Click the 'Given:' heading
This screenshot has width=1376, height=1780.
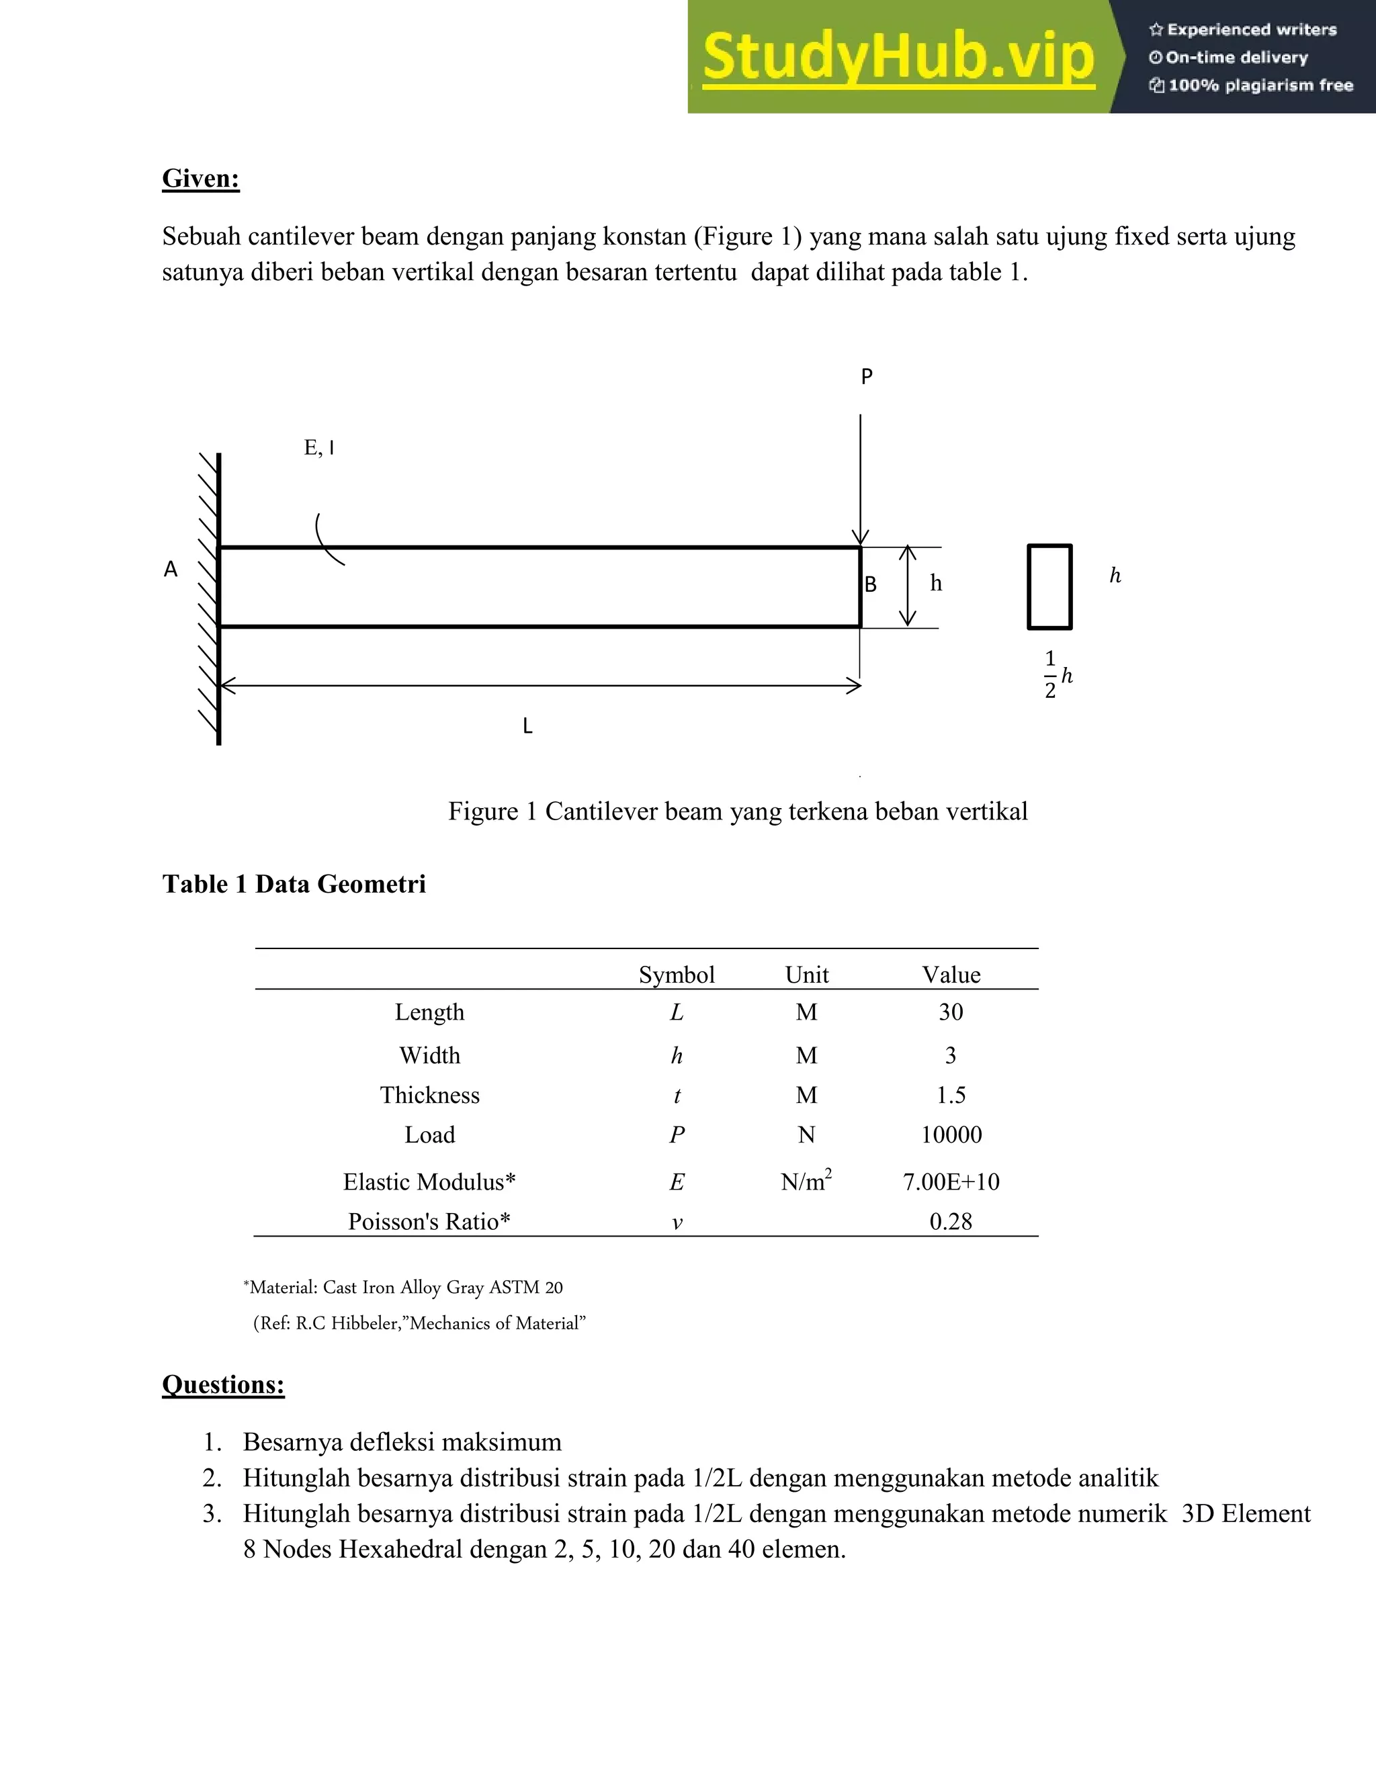tap(200, 178)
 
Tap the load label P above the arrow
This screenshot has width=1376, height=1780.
tap(867, 377)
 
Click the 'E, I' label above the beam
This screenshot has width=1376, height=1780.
tap(318, 447)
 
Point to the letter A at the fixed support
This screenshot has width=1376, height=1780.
tap(171, 569)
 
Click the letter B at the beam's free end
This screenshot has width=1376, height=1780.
tap(871, 584)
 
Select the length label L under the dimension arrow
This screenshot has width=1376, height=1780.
tap(527, 726)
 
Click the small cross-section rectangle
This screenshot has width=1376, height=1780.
tap(1049, 587)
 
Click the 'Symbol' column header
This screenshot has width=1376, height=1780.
tap(676, 975)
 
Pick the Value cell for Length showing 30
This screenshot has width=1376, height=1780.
tap(951, 1012)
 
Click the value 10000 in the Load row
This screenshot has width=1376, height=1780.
tap(951, 1134)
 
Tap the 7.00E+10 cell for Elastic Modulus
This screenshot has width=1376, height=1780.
tap(951, 1182)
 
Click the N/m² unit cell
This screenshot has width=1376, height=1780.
tap(806, 1181)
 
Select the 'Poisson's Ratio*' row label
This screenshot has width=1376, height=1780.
tap(429, 1221)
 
